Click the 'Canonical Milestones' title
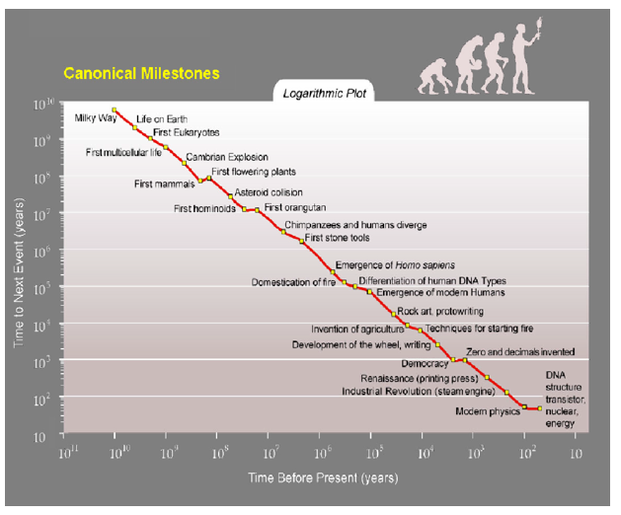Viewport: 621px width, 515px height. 141,73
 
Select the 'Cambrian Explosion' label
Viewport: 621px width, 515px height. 226,157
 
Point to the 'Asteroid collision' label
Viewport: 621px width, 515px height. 269,192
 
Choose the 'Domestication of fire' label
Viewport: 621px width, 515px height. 293,282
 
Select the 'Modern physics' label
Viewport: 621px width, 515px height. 487,411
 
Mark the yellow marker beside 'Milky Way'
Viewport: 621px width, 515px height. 115,110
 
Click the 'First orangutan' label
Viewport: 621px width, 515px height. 295,208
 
